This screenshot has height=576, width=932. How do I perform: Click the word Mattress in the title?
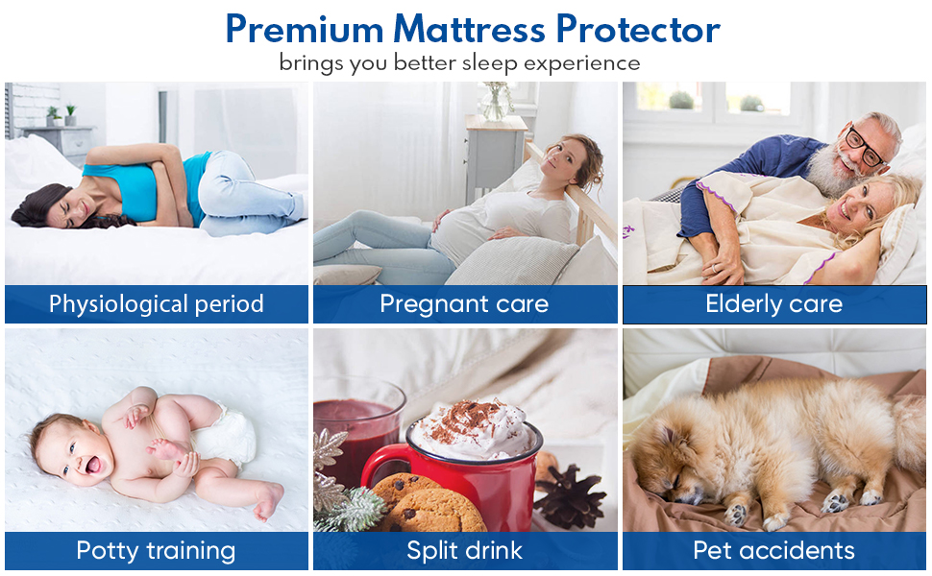(468, 29)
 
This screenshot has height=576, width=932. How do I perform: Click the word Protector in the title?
(638, 30)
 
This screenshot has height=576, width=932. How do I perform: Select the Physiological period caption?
(157, 304)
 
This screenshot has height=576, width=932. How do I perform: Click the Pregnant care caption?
(464, 304)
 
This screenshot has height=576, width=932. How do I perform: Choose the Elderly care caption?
(773, 304)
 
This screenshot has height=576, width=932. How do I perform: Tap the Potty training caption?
(156, 551)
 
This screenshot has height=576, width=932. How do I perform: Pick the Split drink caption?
(464, 550)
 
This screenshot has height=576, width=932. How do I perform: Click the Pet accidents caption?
(773, 550)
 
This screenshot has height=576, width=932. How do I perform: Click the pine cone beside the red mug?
(569, 496)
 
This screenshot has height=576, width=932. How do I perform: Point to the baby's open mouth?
(94, 465)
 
